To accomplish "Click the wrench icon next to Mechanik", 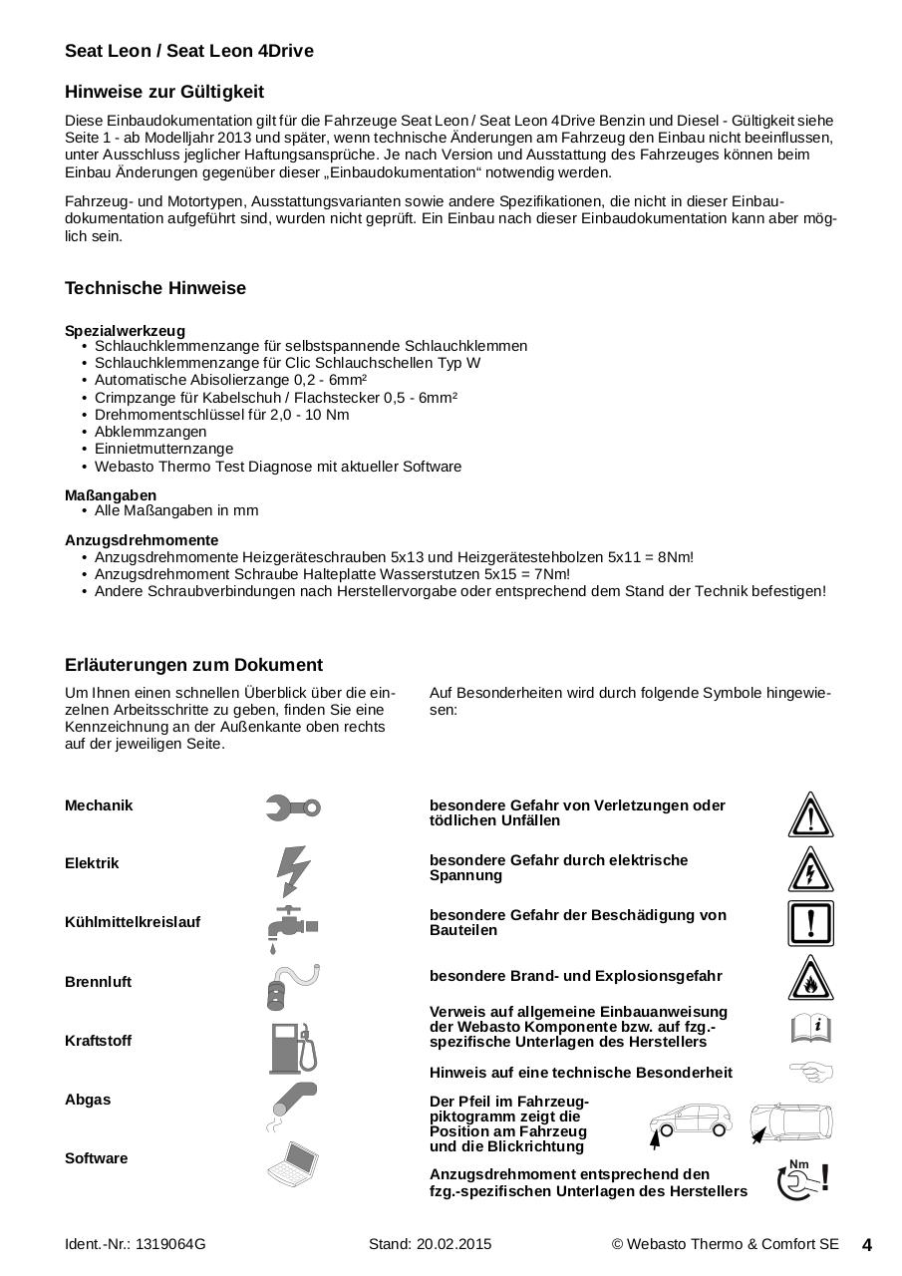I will pyautogui.click(x=293, y=807).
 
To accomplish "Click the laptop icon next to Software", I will pyautogui.click(x=293, y=1163).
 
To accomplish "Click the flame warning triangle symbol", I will pyautogui.click(x=810, y=979).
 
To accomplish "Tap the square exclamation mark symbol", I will pyautogui.click(x=810, y=923).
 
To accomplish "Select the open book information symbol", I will pyautogui.click(x=810, y=1027).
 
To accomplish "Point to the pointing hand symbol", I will pyautogui.click(x=810, y=1073).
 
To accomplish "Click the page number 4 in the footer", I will pyautogui.click(x=866, y=1245).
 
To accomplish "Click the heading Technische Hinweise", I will pyautogui.click(x=155, y=288).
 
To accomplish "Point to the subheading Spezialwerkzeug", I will pyautogui.click(x=125, y=331).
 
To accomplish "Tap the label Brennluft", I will pyautogui.click(x=98, y=982).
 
